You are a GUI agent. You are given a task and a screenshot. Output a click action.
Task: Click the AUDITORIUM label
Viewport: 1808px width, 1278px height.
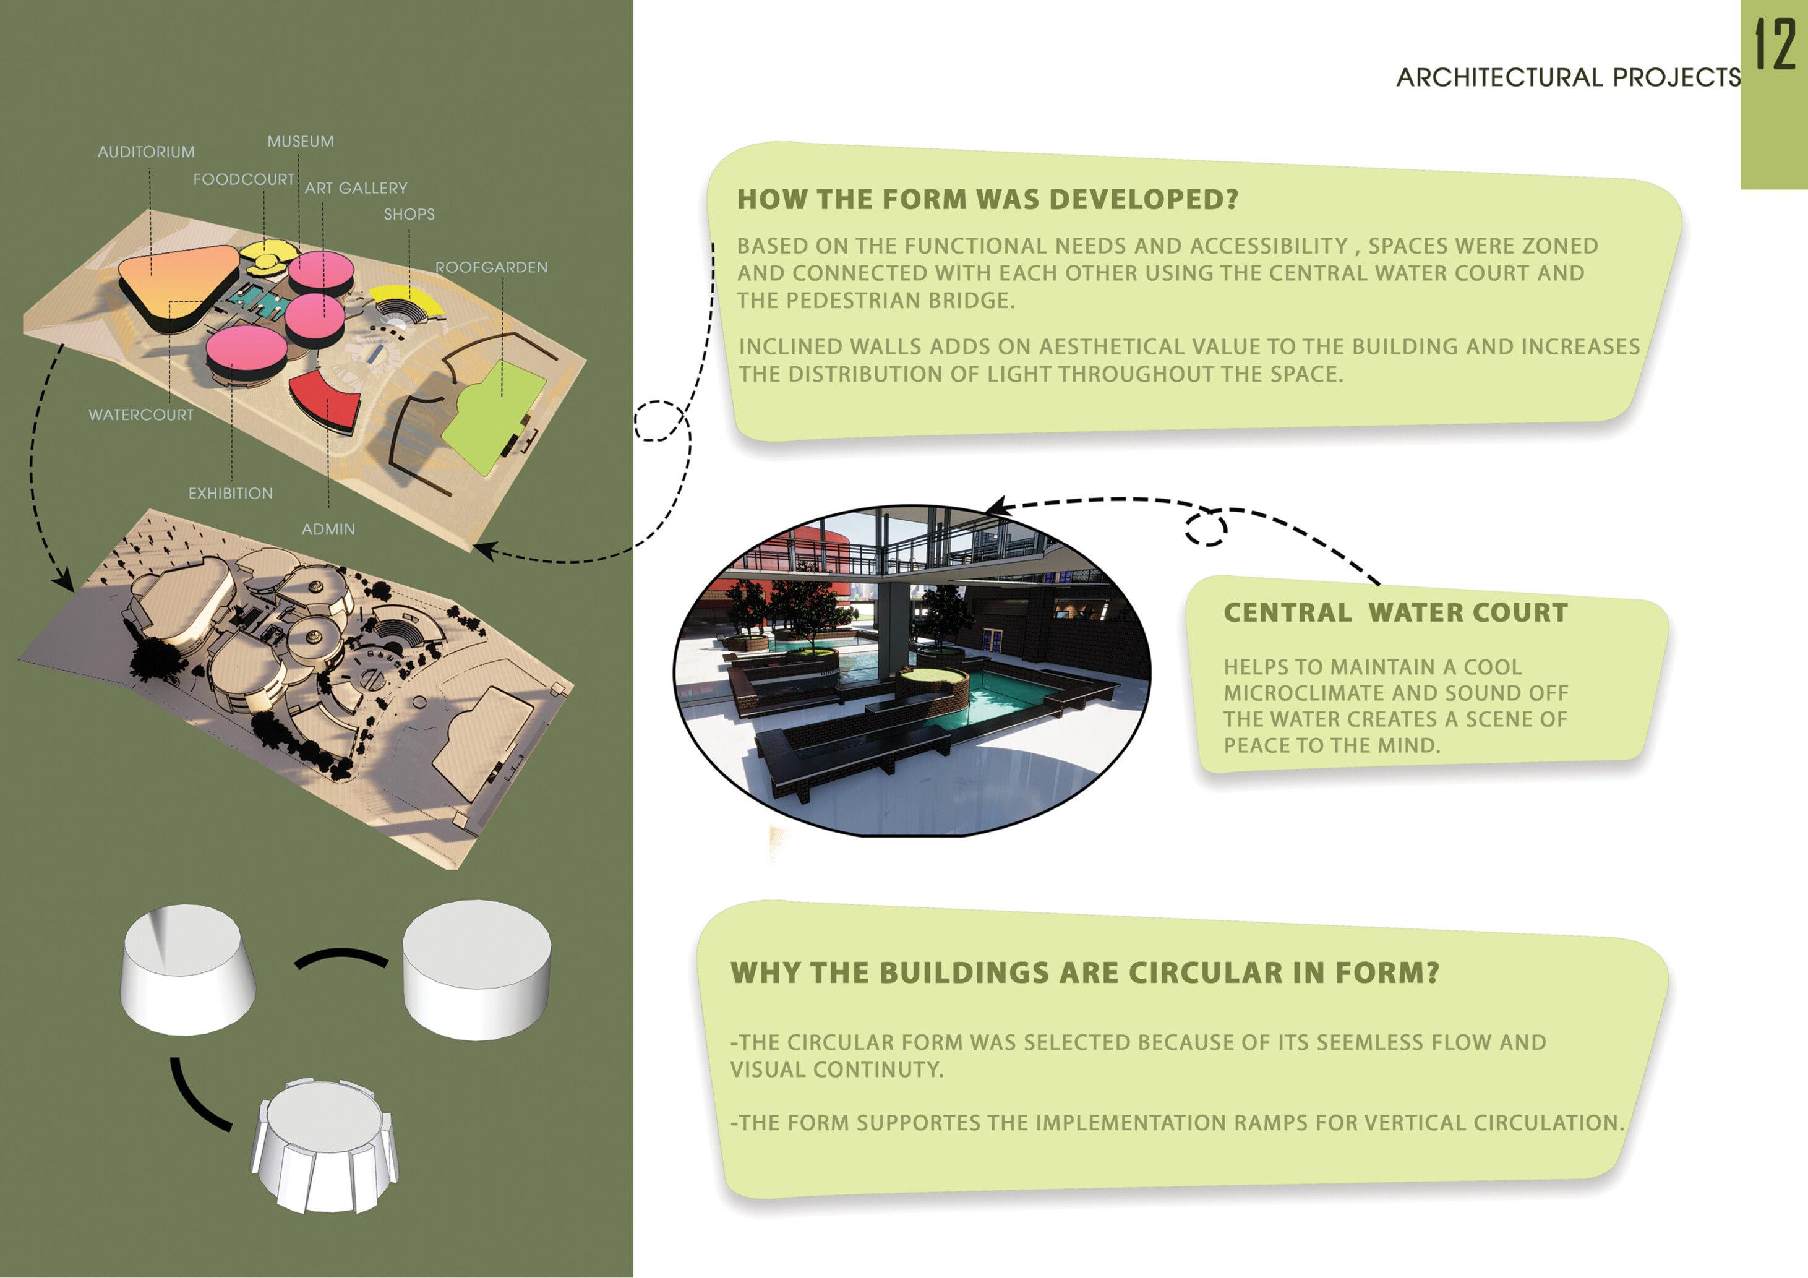click(x=146, y=152)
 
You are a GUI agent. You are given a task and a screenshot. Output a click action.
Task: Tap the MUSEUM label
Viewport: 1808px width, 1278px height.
click(x=300, y=142)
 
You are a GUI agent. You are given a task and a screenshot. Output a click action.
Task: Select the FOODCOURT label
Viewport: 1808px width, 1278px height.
click(x=243, y=179)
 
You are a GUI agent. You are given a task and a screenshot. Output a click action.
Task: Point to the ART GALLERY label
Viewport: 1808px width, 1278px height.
click(x=356, y=188)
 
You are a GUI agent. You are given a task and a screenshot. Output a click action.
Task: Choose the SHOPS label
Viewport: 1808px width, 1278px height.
click(x=409, y=214)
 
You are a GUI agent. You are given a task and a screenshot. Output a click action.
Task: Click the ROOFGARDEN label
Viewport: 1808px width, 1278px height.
click(x=491, y=268)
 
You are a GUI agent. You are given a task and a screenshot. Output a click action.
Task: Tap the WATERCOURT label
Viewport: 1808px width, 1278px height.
click(x=141, y=415)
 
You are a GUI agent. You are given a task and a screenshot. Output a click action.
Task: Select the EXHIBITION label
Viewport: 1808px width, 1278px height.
click(x=231, y=494)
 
